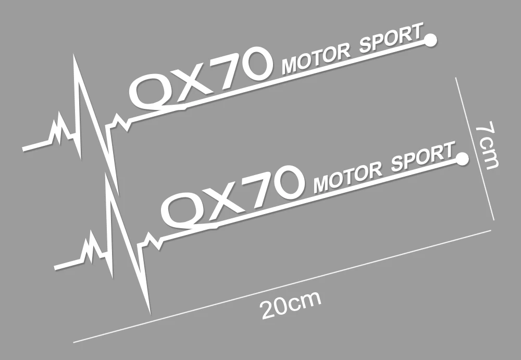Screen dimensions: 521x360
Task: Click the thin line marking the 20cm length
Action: tap(281, 285)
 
